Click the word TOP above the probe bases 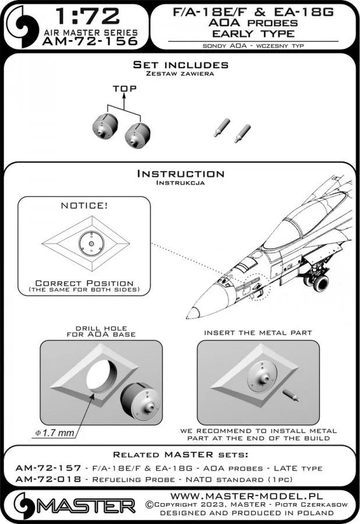coord(125,89)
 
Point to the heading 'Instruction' coord(179,174)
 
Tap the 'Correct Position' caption coord(84,283)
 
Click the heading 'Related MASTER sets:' coord(179,454)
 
